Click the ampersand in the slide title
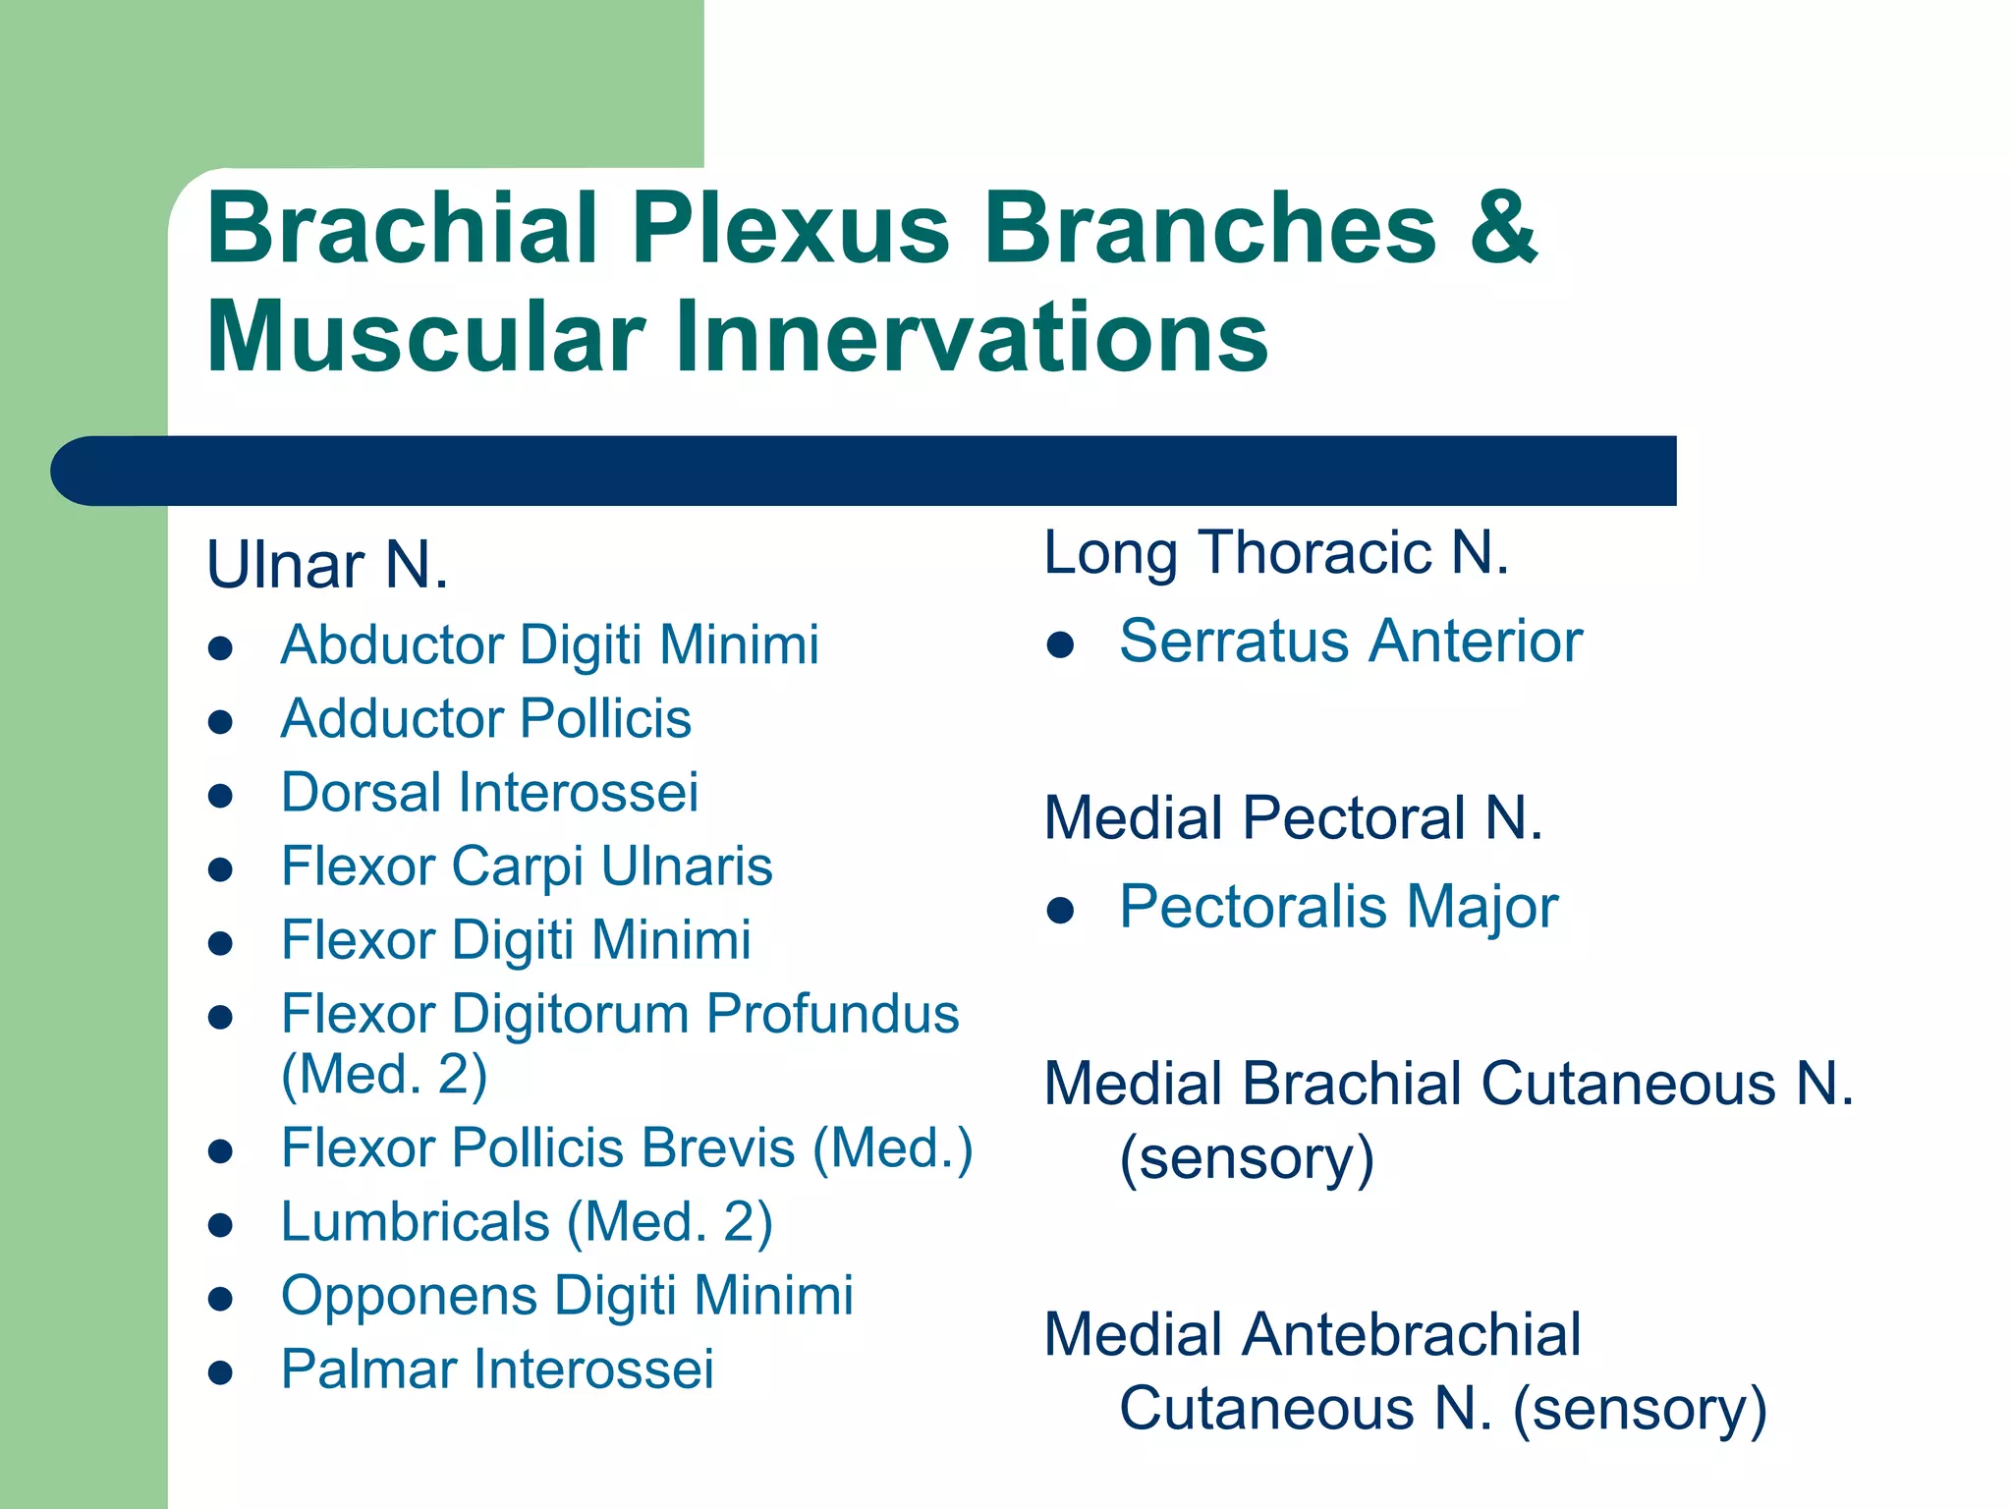(x=1503, y=228)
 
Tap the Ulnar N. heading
(x=327, y=566)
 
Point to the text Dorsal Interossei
(x=489, y=792)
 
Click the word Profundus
(x=832, y=1014)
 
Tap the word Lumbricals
(x=415, y=1222)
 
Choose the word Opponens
(x=409, y=1296)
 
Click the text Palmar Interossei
(x=497, y=1369)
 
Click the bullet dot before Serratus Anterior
(x=1060, y=645)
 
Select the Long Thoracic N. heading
(x=1275, y=552)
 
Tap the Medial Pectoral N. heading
(x=1293, y=817)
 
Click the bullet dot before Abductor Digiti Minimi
(x=221, y=648)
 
